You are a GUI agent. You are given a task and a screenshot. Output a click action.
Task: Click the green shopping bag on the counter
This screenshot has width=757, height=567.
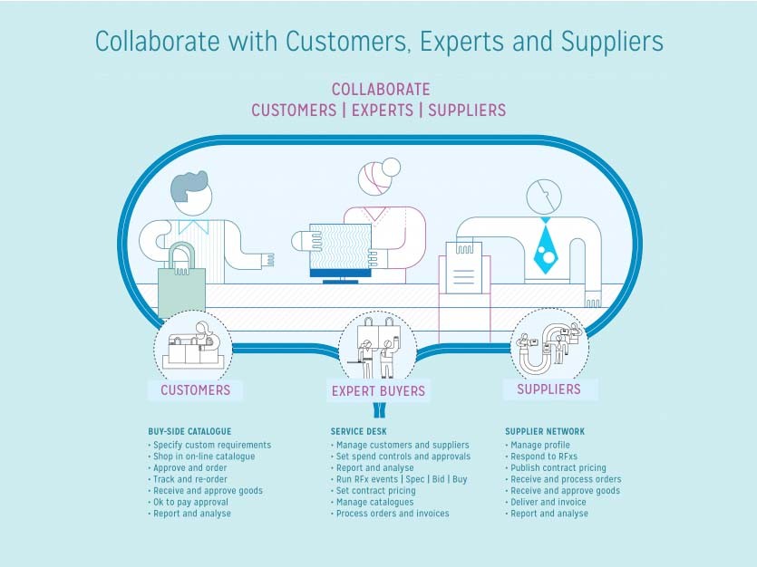click(x=181, y=289)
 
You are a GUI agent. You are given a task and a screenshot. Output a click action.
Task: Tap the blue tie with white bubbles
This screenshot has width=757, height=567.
click(x=546, y=247)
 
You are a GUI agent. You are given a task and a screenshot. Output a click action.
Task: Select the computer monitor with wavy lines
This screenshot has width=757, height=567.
click(x=340, y=251)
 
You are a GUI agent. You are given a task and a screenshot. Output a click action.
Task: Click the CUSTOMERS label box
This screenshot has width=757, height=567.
click(x=195, y=390)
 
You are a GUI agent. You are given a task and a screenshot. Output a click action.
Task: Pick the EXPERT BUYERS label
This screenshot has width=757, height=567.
click(x=378, y=391)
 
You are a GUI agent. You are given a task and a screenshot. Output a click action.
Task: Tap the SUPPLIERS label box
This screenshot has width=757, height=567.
click(x=550, y=389)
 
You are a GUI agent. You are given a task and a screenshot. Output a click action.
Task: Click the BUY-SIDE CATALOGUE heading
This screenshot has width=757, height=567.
click(x=189, y=431)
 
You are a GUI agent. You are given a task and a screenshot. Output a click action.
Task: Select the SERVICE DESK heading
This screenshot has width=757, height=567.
click(x=359, y=431)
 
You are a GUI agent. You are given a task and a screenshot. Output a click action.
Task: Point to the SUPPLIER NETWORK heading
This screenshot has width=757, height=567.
click(x=545, y=431)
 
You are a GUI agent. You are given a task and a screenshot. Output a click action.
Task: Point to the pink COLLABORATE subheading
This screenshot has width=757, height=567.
click(x=381, y=89)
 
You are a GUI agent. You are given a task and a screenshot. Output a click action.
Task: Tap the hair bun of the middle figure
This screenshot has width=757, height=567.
click(x=391, y=168)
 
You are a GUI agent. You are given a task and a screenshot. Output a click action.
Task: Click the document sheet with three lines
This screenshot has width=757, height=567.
click(x=464, y=268)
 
